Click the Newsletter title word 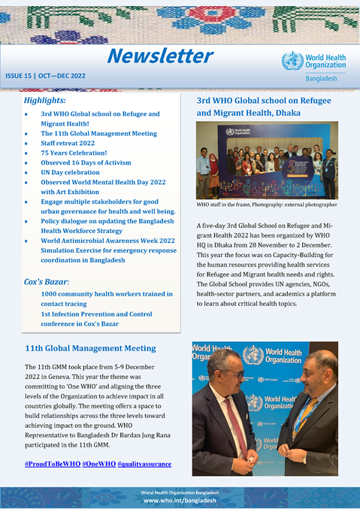159,56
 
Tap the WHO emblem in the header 292,61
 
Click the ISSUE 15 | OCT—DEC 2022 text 46,76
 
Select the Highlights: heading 44,99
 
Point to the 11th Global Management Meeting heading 90,348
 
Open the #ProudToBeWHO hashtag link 52,464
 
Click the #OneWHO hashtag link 98,464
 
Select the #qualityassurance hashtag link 144,464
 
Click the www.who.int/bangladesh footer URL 180,500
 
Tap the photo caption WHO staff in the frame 267,205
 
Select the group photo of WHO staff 267,161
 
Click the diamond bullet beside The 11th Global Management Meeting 27,133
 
